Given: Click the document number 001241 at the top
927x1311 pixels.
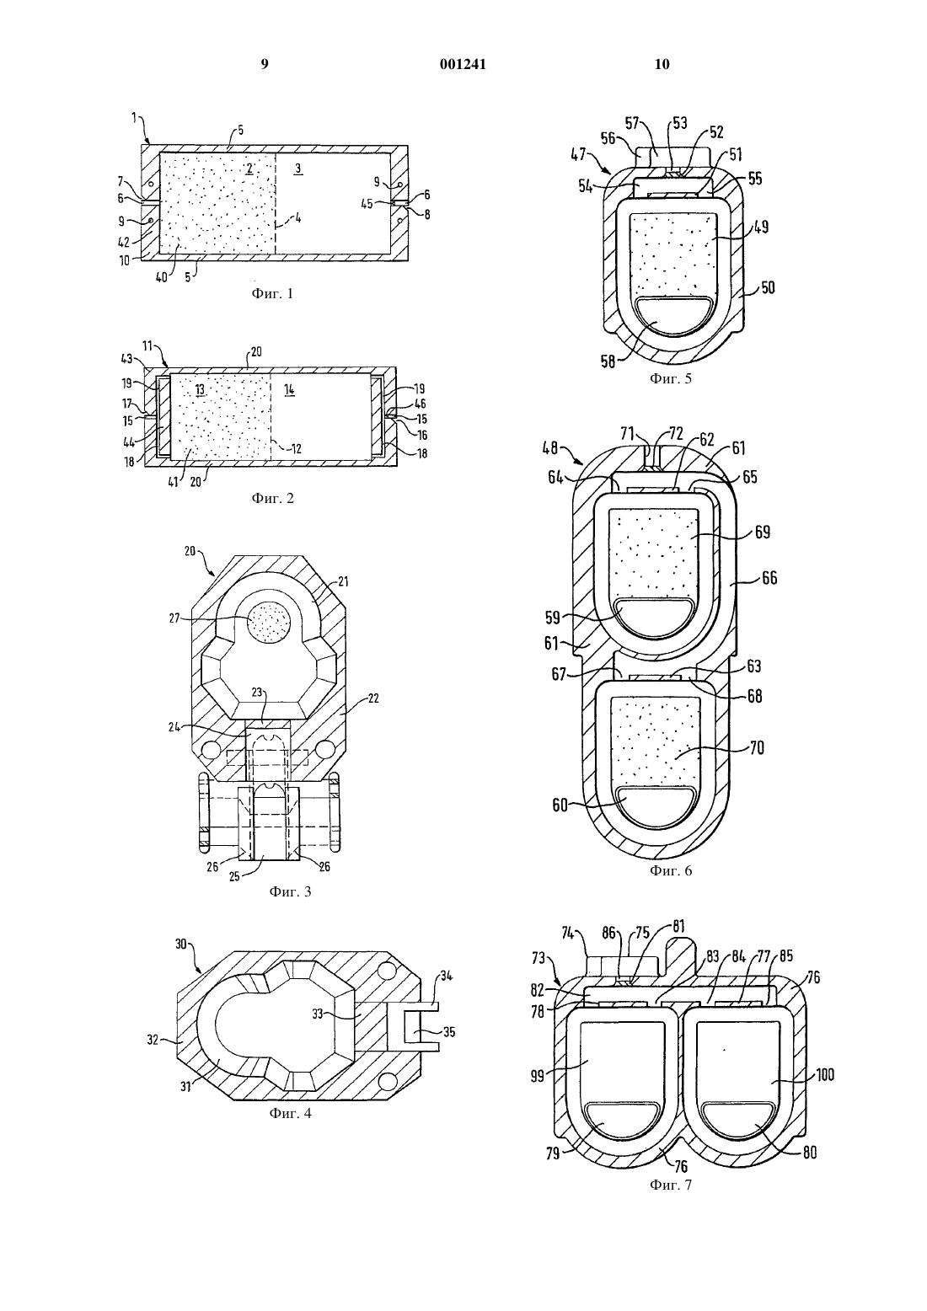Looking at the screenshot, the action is tap(463, 64).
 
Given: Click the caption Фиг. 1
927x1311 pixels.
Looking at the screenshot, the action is tap(273, 294).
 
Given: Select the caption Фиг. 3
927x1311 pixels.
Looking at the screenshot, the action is tap(290, 891).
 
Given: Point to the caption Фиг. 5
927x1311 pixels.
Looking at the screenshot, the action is tap(671, 378).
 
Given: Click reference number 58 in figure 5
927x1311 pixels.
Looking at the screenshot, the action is tap(608, 361).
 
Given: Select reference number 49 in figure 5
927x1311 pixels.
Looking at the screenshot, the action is tap(761, 227).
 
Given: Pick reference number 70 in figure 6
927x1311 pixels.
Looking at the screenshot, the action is tap(757, 748).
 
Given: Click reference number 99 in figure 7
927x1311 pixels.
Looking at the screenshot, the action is tap(538, 1076).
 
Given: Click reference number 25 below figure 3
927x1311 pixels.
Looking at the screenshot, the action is tap(234, 877).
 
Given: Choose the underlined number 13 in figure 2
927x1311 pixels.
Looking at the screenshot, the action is tap(200, 390).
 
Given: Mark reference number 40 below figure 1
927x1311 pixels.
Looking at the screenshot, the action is tap(161, 277).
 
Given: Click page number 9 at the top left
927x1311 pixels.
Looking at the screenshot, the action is tap(265, 64).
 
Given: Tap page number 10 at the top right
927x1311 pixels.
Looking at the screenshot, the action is tap(662, 64).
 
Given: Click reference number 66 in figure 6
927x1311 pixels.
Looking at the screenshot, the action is tap(769, 578).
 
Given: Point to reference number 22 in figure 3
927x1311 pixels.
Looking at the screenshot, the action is tap(372, 698).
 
